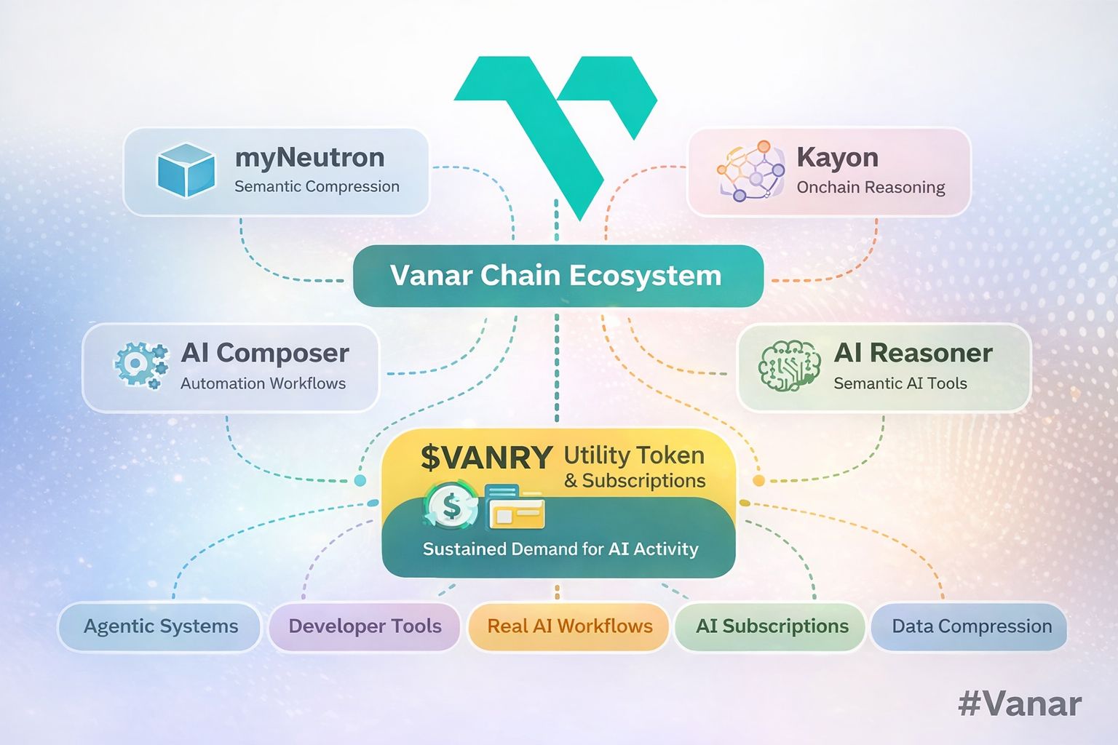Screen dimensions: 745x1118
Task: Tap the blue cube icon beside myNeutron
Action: pyautogui.click(x=186, y=170)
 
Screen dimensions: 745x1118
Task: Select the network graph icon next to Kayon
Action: pyautogui.click(x=750, y=171)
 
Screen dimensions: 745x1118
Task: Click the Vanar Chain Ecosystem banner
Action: pyautogui.click(x=558, y=276)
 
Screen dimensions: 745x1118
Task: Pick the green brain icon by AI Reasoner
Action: pyautogui.click(x=789, y=366)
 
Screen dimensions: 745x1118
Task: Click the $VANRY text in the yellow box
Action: pyautogui.click(x=486, y=458)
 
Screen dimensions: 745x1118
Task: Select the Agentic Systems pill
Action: pyautogui.click(x=160, y=626)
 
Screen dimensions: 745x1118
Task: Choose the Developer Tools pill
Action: pyautogui.click(x=365, y=626)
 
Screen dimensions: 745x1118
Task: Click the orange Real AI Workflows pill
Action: pyautogui.click(x=569, y=626)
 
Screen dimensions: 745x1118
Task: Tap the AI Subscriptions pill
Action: pyautogui.click(x=772, y=626)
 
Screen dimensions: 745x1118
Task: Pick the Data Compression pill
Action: pyautogui.click(x=971, y=626)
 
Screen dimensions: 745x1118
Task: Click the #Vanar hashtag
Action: pyautogui.click(x=1020, y=704)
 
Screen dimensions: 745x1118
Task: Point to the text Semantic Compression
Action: pyautogui.click(x=317, y=187)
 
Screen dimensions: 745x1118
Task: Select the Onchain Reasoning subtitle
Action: pyautogui.click(x=871, y=188)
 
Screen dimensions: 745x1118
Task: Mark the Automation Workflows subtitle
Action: pyautogui.click(x=263, y=383)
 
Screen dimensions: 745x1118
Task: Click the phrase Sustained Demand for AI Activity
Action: pyautogui.click(x=560, y=549)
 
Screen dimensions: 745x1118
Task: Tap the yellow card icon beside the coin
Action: pyautogui.click(x=516, y=508)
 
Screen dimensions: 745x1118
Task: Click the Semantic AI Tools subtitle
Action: pyautogui.click(x=900, y=383)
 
